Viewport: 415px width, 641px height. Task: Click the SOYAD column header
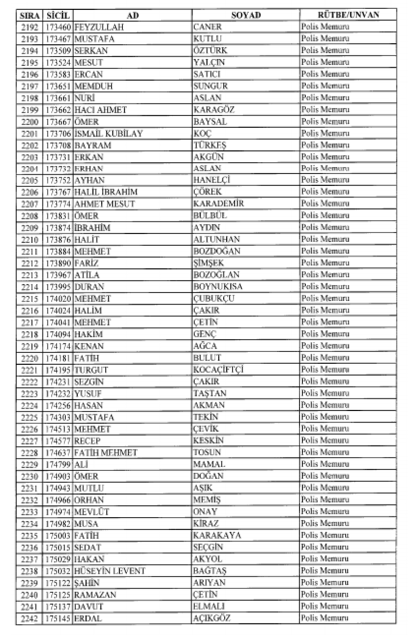tap(246, 15)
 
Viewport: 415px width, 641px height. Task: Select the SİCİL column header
tap(57, 15)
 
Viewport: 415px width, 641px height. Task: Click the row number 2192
tap(30, 27)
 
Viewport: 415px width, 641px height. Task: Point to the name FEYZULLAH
tap(99, 27)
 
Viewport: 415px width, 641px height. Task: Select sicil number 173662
tap(58, 110)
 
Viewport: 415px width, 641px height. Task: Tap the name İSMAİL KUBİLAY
tap(108, 133)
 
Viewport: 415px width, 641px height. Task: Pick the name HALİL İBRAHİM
tap(105, 192)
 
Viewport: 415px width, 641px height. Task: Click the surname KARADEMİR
tap(218, 204)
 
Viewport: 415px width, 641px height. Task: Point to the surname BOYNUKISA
tap(218, 287)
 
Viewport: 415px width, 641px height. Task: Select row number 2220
tap(30, 358)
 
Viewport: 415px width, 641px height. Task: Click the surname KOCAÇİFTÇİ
tap(218, 370)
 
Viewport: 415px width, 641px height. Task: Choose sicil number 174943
tap(58, 488)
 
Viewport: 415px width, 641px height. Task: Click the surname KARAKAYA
tap(217, 535)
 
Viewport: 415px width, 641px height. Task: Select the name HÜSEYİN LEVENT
tap(109, 571)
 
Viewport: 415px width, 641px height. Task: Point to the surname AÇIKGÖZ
tap(211, 618)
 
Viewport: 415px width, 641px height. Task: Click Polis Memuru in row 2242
tap(325, 618)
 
